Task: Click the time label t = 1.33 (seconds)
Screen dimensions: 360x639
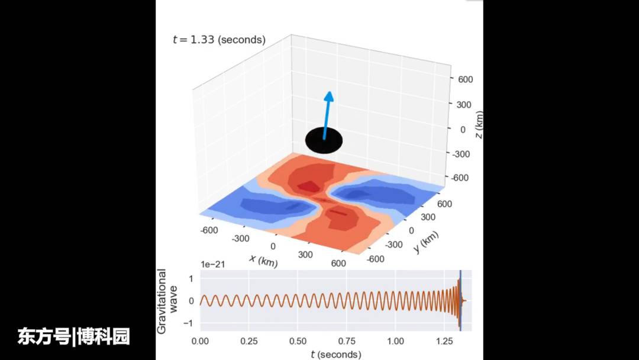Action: click(219, 40)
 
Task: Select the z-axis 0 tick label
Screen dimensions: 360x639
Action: click(463, 128)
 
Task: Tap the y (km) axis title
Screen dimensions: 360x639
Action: click(426, 242)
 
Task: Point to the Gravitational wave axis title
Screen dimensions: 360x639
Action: click(167, 301)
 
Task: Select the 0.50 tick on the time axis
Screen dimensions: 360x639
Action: click(298, 341)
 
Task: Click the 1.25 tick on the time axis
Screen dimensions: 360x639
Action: click(443, 341)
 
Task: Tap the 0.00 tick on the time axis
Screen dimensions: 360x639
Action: click(201, 341)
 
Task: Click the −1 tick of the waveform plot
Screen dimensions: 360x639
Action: click(191, 323)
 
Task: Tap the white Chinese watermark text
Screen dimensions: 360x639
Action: click(74, 337)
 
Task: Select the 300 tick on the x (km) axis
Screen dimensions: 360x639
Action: click(306, 255)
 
